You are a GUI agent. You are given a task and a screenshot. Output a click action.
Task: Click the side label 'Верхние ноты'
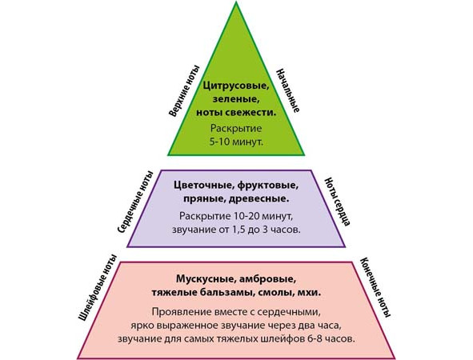click(x=184, y=90)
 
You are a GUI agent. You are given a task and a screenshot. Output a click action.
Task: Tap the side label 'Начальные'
click(x=288, y=90)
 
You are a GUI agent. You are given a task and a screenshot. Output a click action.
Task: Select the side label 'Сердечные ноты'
click(x=135, y=202)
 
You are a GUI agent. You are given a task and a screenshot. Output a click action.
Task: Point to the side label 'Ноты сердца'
click(x=337, y=202)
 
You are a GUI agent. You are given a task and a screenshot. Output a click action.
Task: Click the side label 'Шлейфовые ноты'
click(x=97, y=288)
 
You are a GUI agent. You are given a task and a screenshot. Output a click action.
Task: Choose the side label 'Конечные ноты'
click(x=376, y=288)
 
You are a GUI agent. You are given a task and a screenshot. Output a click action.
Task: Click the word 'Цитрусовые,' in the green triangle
click(x=236, y=86)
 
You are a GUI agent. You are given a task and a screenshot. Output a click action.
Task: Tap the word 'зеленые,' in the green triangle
click(x=236, y=99)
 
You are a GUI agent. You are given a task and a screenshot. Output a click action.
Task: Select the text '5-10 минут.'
click(x=236, y=142)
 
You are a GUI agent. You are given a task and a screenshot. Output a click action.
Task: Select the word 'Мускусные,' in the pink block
click(x=205, y=279)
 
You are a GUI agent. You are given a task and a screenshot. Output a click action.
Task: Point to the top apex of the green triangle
click(x=236, y=2)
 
